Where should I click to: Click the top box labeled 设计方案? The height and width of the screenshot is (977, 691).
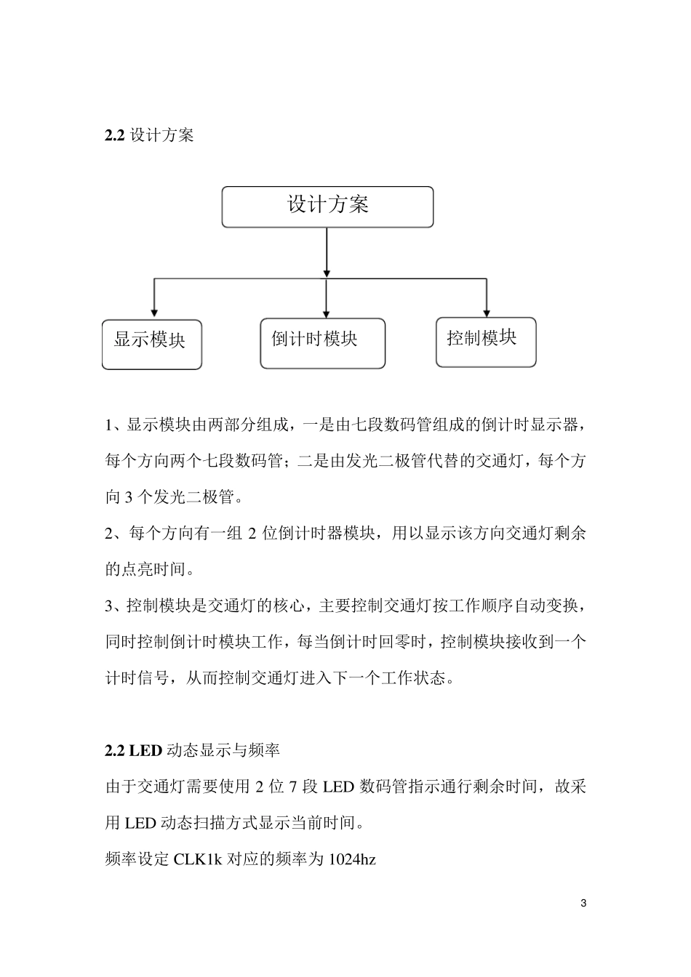pyautogui.click(x=327, y=206)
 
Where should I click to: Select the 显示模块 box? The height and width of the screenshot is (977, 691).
pyautogui.click(x=151, y=343)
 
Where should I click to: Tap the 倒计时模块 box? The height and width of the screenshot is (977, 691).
pyautogui.click(x=322, y=342)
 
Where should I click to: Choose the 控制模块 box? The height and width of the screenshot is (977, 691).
pyautogui.click(x=485, y=342)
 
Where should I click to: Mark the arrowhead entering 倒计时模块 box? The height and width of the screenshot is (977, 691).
pyautogui.click(x=326, y=310)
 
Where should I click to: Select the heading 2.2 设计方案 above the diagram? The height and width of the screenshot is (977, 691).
pyautogui.click(x=149, y=135)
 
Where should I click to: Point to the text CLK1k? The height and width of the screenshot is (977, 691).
pyautogui.click(x=198, y=859)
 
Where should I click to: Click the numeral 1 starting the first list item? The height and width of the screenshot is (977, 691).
pyautogui.click(x=109, y=425)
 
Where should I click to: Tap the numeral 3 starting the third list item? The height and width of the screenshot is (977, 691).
pyautogui.click(x=109, y=606)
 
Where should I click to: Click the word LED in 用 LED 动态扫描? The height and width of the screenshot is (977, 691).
pyautogui.click(x=140, y=823)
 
